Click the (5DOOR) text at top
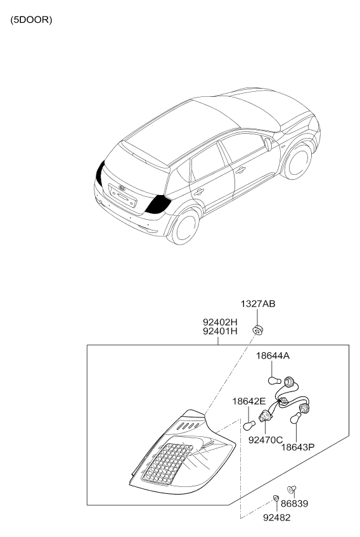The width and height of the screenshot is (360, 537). [31, 20]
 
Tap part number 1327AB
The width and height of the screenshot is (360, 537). [258, 304]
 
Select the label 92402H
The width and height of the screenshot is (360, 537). [220, 322]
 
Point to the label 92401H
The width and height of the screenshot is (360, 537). [220, 331]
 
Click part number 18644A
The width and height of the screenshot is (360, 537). [273, 356]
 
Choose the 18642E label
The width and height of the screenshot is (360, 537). [249, 401]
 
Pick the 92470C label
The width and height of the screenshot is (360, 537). [266, 440]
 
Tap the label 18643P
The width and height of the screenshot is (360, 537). [298, 447]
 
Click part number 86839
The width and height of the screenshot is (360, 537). [295, 504]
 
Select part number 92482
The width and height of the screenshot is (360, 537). [277, 517]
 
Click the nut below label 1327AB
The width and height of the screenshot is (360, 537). [257, 331]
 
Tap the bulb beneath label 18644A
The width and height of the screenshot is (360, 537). [274, 380]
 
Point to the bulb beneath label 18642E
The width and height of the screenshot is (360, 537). [249, 426]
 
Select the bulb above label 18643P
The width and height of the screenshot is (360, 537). [295, 418]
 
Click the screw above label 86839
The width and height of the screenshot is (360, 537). [291, 490]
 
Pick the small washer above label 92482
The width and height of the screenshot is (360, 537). [276, 498]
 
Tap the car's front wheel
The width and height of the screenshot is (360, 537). [297, 162]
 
